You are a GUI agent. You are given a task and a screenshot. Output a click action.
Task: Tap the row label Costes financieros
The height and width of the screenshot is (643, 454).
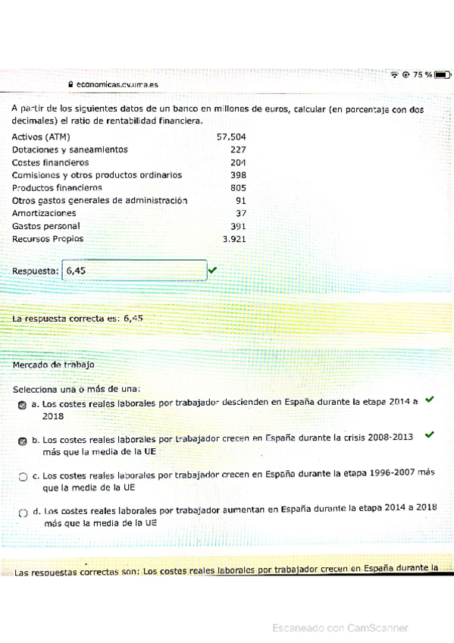(50, 162)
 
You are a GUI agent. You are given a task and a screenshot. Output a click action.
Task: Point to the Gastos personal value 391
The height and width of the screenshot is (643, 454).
(238, 226)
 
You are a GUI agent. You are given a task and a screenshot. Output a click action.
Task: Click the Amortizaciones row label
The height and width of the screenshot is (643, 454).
(44, 213)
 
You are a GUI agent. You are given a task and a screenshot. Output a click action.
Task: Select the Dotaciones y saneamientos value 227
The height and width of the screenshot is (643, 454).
(238, 150)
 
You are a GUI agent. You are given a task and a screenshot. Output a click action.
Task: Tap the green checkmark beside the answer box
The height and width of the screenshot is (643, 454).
(211, 269)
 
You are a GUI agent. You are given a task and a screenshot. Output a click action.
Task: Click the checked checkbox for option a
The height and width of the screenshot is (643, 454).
(23, 406)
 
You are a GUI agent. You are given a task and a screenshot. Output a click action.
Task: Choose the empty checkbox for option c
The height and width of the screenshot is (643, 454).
(23, 477)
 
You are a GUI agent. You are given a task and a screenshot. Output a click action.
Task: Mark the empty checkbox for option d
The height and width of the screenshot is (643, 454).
(23, 513)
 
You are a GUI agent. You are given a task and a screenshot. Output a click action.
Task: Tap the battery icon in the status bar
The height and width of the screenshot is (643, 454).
(443, 74)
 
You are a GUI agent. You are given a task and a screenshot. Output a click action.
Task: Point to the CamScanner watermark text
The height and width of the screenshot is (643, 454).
(340, 628)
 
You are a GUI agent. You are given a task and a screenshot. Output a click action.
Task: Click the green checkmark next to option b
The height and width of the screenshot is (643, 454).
(430, 435)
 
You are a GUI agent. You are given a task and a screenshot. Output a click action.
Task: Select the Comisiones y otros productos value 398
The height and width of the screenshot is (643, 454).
(238, 175)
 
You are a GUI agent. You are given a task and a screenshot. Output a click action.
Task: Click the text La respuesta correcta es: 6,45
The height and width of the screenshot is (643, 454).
(77, 318)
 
